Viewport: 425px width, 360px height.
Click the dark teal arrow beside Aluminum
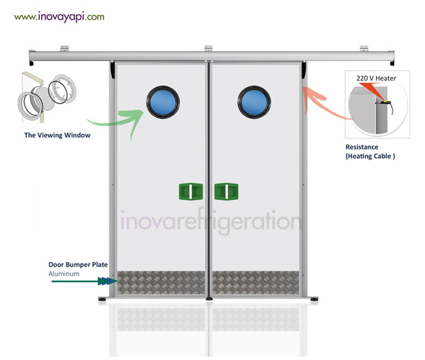pyautogui.click(x=78, y=281)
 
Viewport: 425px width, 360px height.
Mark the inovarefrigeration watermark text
pyautogui.click(x=210, y=221)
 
